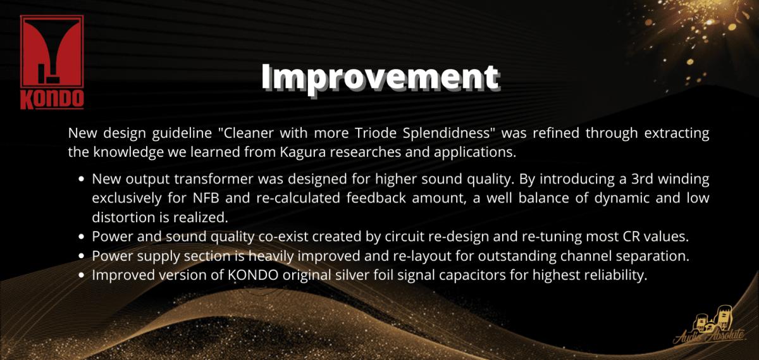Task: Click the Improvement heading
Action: [380, 78]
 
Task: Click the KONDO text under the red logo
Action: [52, 99]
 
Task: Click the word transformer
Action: [214, 179]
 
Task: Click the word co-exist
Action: [283, 236]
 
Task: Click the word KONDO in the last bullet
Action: [254, 275]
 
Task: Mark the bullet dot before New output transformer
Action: [81, 179]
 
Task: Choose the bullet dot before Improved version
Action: [81, 275]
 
